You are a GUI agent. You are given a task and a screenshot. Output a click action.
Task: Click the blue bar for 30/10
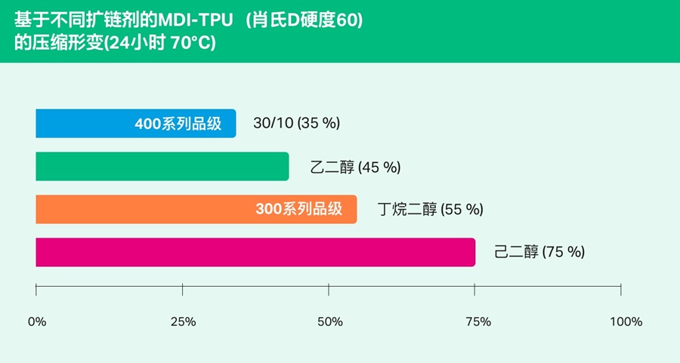[83, 124]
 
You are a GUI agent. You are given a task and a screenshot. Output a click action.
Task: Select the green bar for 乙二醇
[162, 167]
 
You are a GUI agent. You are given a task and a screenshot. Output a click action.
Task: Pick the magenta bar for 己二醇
[255, 252]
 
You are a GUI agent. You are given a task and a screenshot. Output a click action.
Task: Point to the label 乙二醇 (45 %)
[355, 167]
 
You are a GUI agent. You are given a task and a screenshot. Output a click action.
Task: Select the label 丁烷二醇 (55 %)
[430, 210]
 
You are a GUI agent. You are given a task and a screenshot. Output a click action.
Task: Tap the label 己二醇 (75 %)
[539, 252]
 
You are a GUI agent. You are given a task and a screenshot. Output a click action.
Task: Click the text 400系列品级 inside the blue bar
[178, 124]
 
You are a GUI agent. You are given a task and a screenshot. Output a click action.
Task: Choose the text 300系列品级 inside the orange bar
[299, 210]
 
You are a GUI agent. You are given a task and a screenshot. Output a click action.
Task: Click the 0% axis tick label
[36, 322]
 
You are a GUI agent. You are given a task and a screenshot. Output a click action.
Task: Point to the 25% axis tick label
[183, 322]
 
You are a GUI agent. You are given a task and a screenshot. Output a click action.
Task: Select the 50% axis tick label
[329, 322]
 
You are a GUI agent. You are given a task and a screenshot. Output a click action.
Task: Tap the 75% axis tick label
[475, 322]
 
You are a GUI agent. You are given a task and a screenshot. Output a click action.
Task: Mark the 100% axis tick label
[625, 322]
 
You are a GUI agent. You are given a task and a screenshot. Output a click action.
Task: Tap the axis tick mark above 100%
[621, 290]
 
